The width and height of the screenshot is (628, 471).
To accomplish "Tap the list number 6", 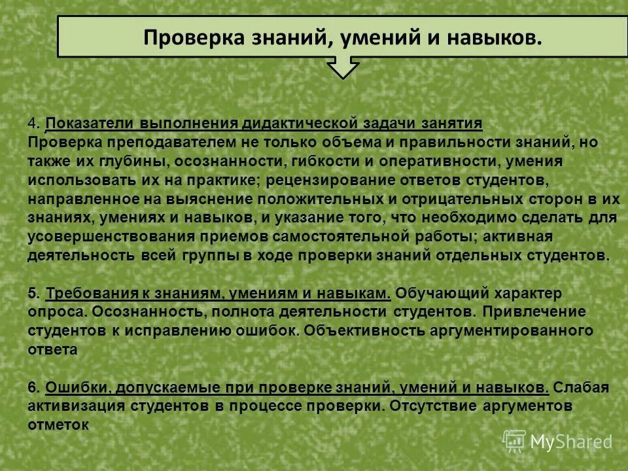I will click(33, 387).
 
